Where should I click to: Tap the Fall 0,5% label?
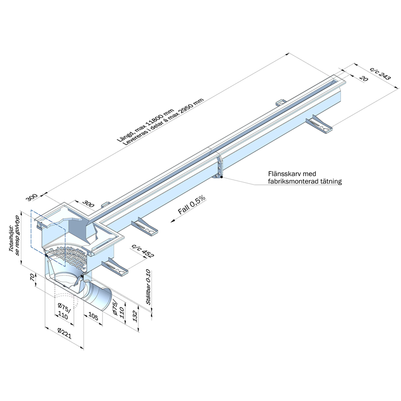coord(191,208)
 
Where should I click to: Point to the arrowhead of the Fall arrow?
coord(171,221)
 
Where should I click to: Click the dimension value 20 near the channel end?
coord(363,79)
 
